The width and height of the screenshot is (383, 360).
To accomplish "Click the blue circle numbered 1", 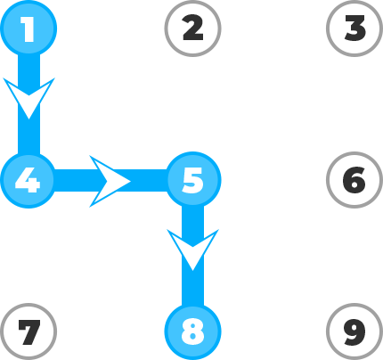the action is point(29,29).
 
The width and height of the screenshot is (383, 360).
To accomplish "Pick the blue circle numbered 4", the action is point(29,180).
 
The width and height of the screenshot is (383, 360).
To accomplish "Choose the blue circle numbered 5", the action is point(193,180).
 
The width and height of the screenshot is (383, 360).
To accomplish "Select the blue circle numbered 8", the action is point(193,331).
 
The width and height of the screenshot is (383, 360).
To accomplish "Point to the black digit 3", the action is point(354,29).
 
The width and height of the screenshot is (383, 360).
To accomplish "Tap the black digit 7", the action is point(29,332).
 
